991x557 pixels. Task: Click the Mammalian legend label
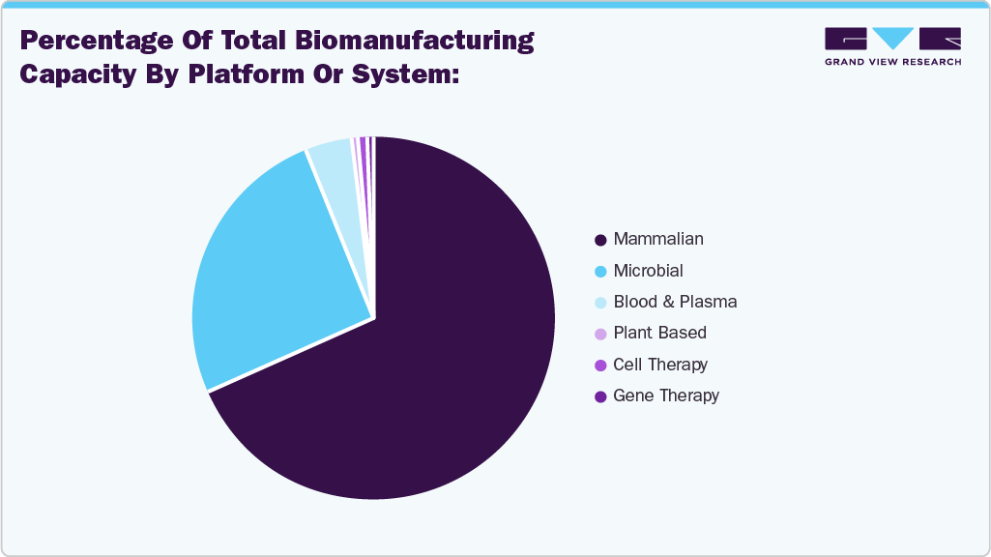[658, 239]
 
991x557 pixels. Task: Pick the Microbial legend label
[648, 271]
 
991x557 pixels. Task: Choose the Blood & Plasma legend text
[675, 302]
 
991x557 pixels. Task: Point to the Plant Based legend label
[659, 333]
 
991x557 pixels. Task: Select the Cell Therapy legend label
[660, 365]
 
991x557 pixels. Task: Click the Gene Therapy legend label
[666, 396]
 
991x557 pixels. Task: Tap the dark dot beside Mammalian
[600, 240]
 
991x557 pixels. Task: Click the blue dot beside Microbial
[600, 272]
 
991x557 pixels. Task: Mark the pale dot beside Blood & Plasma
[600, 303]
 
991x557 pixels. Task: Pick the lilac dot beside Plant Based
[600, 334]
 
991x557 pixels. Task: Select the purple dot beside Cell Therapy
[600, 366]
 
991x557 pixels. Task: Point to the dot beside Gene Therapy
[600, 396]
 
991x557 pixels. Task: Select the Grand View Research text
[892, 62]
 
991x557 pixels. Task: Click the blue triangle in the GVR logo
[892, 38]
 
